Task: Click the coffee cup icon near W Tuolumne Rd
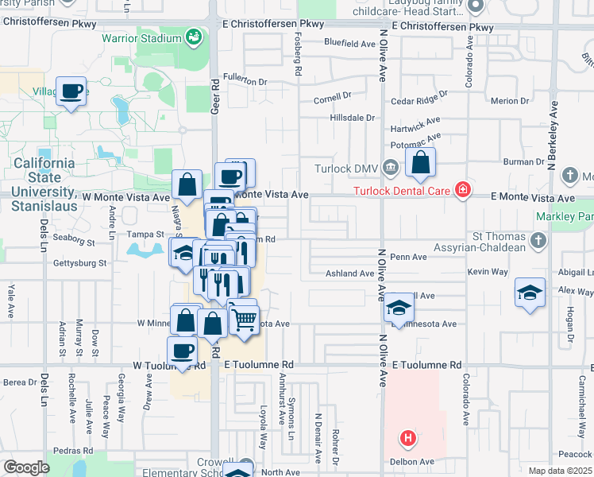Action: [x=182, y=351]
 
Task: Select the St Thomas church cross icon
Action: [x=538, y=239]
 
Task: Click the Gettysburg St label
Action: [x=79, y=262]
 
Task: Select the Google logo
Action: [x=25, y=467]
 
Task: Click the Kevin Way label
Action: [x=488, y=272]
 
